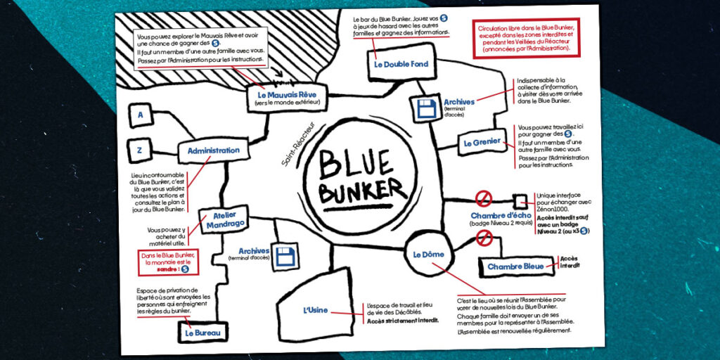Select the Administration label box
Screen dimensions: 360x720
click(213, 150)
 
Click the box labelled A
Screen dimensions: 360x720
click(140, 115)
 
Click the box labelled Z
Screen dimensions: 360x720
click(140, 148)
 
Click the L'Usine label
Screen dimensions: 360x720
click(316, 310)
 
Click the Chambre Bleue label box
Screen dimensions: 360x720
click(515, 266)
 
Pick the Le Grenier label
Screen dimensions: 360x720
click(482, 143)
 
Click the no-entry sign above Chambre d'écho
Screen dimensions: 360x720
click(483, 198)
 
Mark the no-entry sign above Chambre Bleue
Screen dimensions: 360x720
click(483, 238)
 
